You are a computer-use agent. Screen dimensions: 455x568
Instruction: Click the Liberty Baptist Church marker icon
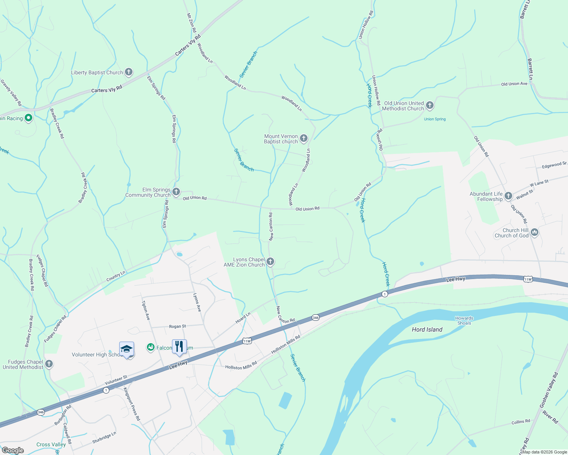click(129, 72)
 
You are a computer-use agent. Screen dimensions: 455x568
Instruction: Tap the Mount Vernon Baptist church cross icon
click(304, 138)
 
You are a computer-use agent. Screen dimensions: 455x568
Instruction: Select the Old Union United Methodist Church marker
click(430, 105)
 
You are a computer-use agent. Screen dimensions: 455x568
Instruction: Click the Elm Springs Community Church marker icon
click(176, 192)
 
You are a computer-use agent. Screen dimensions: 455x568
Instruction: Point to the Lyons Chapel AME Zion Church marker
click(270, 262)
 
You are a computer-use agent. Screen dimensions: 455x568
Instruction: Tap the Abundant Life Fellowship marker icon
click(508, 196)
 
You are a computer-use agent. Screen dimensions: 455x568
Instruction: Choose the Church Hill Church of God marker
click(535, 232)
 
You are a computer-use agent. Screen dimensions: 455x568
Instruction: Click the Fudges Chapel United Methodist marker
click(49, 364)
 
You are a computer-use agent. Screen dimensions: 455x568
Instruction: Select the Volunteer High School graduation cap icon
click(126, 349)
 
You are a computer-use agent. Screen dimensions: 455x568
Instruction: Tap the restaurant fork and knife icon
click(179, 347)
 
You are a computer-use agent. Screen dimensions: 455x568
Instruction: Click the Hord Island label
click(427, 329)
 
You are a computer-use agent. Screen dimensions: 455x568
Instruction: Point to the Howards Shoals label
click(464, 321)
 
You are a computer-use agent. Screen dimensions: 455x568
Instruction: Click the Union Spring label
click(435, 119)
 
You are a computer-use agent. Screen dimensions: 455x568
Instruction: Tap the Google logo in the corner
click(13, 450)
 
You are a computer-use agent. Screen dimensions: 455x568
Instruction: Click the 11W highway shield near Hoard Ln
click(247, 341)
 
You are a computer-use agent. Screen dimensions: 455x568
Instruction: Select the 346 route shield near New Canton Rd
click(316, 317)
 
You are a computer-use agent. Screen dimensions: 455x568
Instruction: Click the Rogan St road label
click(177, 326)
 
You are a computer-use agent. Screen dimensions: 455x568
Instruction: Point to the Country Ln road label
click(116, 276)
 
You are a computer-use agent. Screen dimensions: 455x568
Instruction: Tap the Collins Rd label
click(521, 422)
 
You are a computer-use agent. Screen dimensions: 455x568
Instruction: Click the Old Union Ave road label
click(514, 84)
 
